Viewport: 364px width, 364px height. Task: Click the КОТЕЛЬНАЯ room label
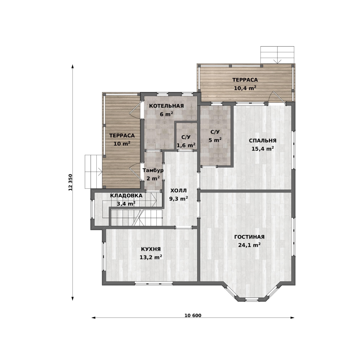(166, 106)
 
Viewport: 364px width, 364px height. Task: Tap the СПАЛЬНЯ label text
(263, 141)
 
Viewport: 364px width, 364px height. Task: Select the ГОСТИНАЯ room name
(249, 237)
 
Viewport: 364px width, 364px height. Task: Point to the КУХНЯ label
(151, 249)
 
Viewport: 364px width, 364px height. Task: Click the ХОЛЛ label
(179, 191)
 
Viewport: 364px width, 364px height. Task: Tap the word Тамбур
(153, 171)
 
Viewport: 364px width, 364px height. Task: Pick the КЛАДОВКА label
(126, 196)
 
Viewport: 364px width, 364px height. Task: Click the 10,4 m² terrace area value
(245, 88)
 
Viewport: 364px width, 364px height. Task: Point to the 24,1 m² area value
(249, 245)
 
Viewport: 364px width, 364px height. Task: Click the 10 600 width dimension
(193, 315)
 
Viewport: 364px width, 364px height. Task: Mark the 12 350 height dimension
(70, 182)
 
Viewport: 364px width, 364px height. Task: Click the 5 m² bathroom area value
(215, 140)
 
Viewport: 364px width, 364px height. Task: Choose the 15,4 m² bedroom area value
(263, 149)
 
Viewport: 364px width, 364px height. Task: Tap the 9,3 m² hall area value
(179, 199)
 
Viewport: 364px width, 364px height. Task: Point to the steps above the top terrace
(277, 55)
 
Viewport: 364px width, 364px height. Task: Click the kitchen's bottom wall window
(154, 283)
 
